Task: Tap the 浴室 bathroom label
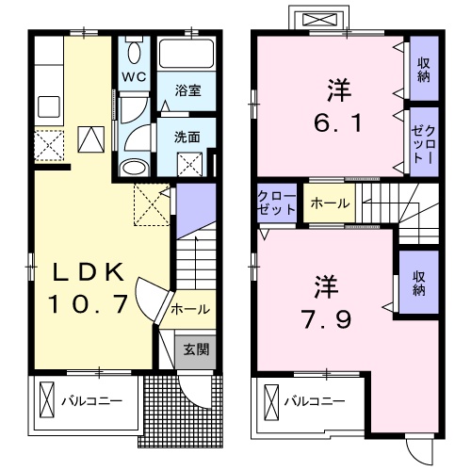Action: tap(187, 91)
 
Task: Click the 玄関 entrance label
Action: tap(196, 349)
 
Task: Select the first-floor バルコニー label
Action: tap(92, 401)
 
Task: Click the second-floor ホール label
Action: tap(327, 203)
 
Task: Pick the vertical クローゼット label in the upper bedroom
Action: tap(419, 137)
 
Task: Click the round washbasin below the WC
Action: tap(133, 169)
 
